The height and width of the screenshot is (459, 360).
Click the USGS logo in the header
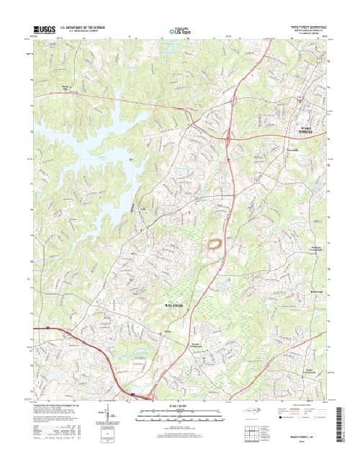pos(44,28)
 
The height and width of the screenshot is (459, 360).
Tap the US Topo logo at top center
pos(180,30)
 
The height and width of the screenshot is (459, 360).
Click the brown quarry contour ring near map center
pos(214,245)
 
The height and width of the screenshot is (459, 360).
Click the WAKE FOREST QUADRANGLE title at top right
pos(302,26)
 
